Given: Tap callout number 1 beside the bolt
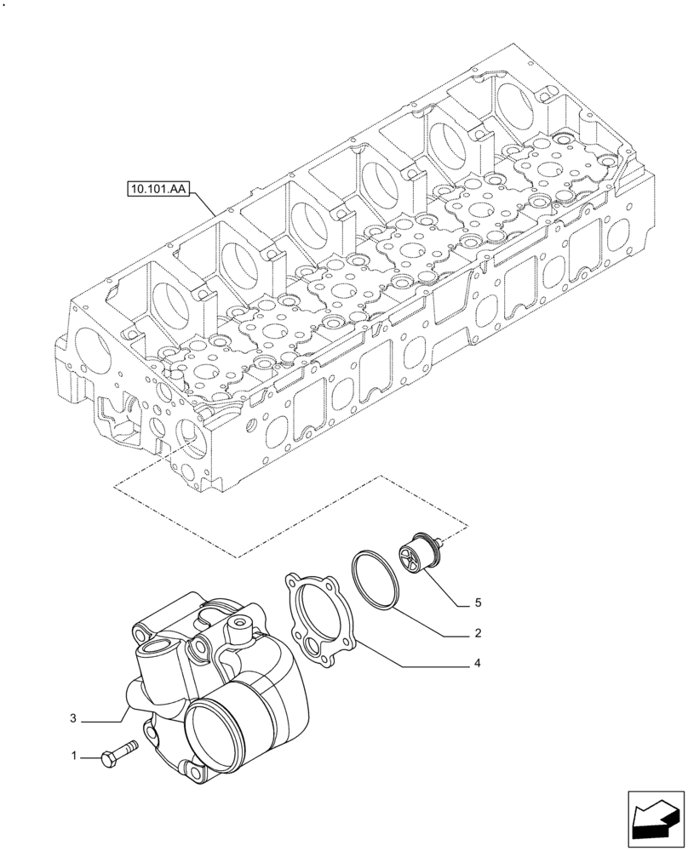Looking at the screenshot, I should [74, 755].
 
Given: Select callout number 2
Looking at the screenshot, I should [478, 633].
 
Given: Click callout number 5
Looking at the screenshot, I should [478, 603].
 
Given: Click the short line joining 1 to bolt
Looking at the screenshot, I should [92, 754].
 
